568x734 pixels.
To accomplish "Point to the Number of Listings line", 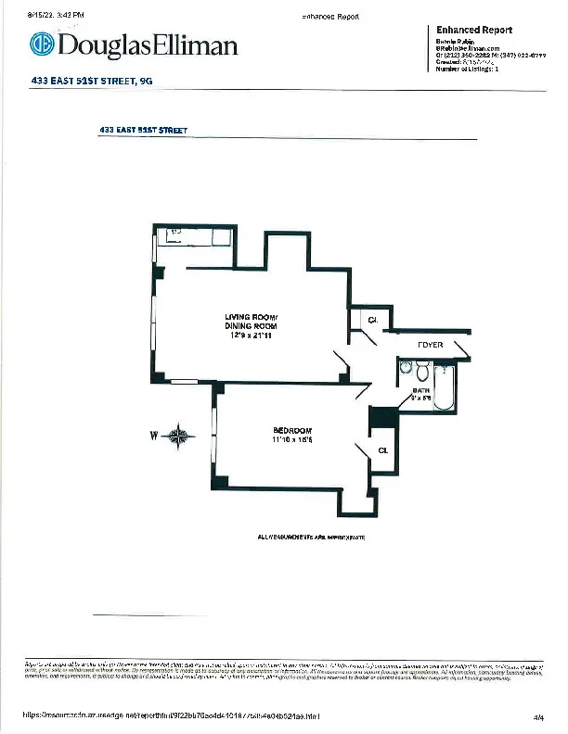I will pyautogui.click(x=468, y=70).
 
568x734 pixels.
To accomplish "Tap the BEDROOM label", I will pyautogui.click(x=292, y=431).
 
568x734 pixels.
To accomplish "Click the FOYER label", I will pyautogui.click(x=430, y=346).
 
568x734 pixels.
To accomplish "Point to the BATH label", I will pyautogui.click(x=420, y=390).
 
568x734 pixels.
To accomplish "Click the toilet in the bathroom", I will pyautogui.click(x=422, y=373).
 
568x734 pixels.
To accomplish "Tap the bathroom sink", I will pyautogui.click(x=406, y=369).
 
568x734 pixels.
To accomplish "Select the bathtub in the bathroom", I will pyautogui.click(x=445, y=389).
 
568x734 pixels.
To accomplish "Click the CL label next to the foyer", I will pyautogui.click(x=372, y=320).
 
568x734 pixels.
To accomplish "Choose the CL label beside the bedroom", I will pyautogui.click(x=382, y=450).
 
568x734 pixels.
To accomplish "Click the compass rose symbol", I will pyautogui.click(x=182, y=437).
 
